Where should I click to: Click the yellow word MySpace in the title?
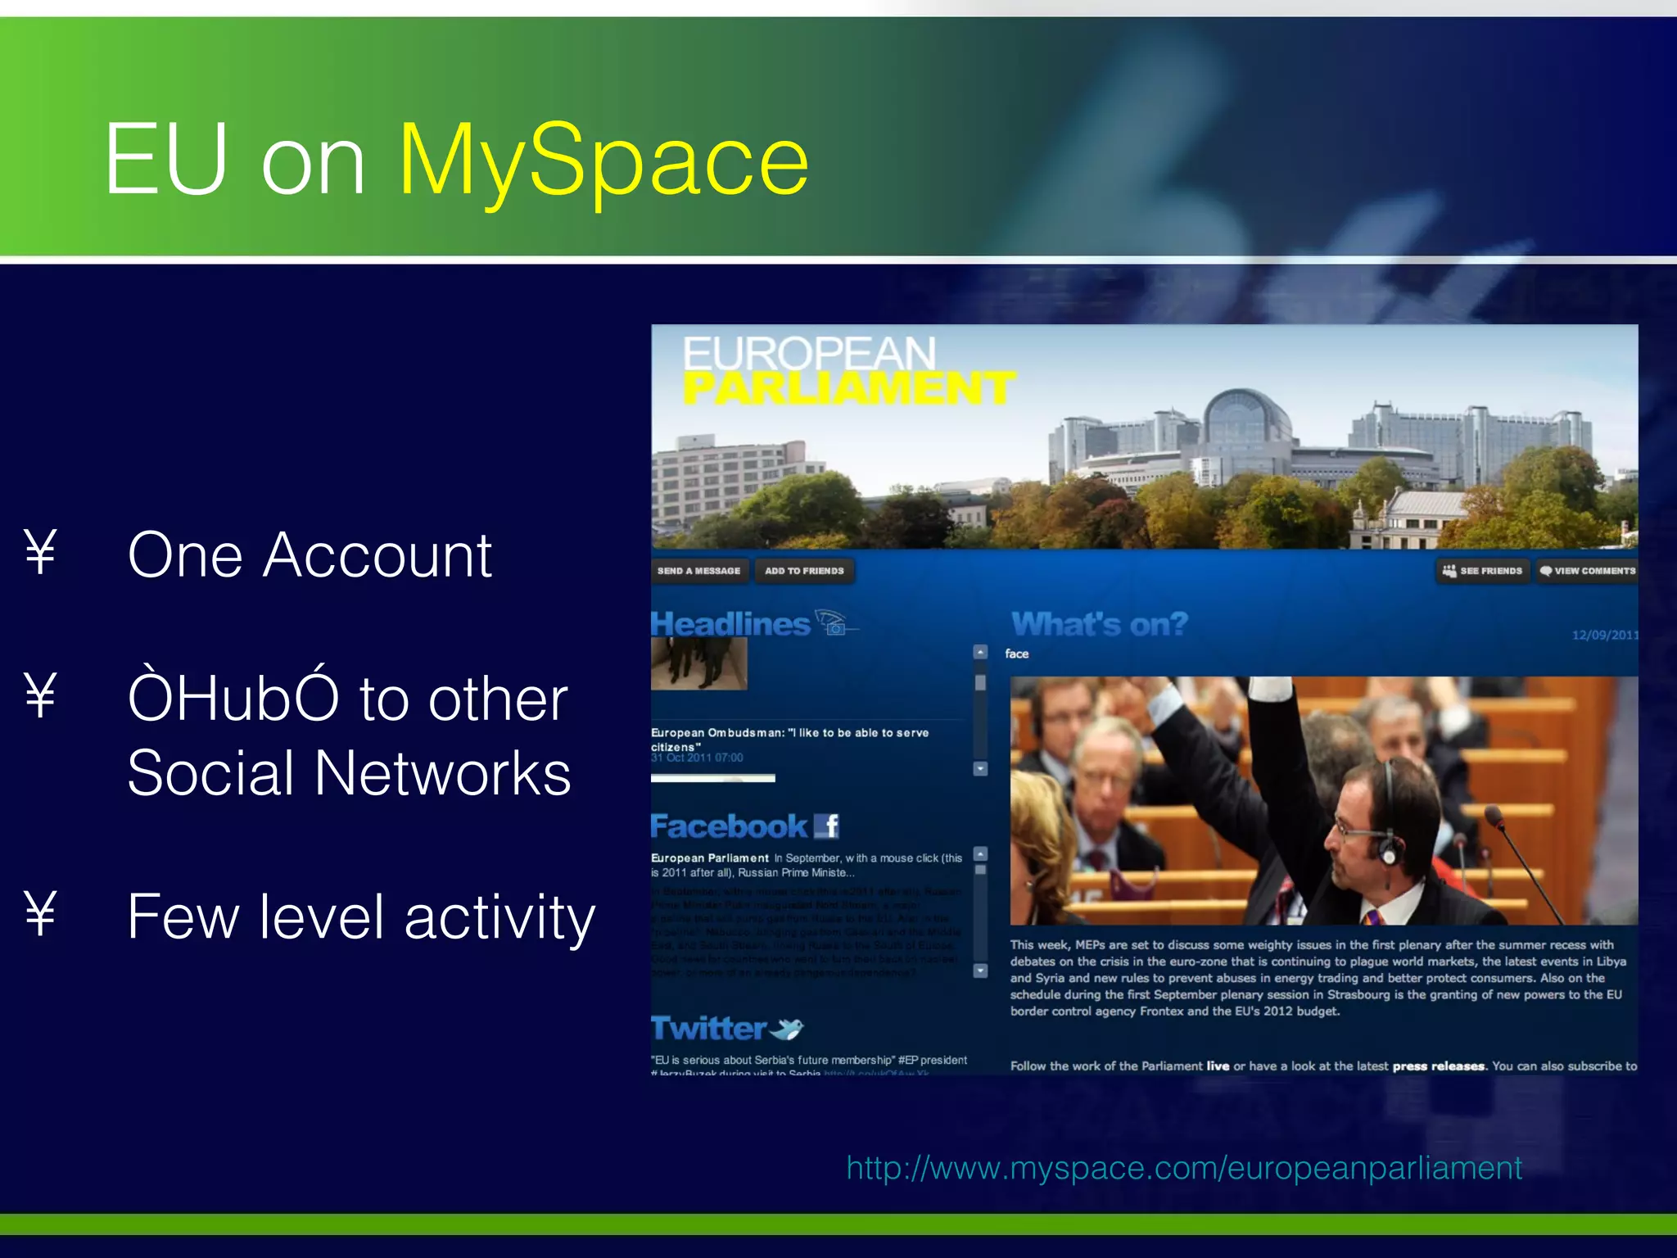603,160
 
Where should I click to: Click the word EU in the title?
166,160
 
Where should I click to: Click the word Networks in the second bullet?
442,774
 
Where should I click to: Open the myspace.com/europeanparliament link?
1184,1168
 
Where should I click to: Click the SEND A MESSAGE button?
698,571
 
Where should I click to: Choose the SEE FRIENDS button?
1483,571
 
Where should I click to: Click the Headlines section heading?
730,625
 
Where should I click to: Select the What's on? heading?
1099,625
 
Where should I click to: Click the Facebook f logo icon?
827,826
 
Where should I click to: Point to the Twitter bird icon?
788,1029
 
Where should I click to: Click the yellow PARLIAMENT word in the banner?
848,388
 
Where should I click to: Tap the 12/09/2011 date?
1604,635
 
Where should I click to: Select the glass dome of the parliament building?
1248,418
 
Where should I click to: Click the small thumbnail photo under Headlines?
698,663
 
